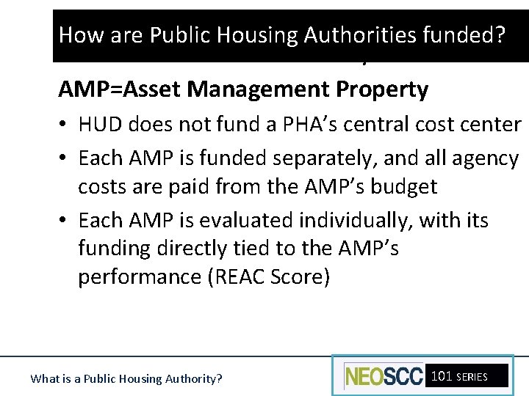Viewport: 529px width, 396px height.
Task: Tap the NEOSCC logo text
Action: [x=384, y=376]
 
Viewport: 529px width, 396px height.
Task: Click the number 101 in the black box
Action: [x=442, y=376]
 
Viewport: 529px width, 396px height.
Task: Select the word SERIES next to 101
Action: [x=472, y=377]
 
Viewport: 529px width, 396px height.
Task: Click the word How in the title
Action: [x=76, y=34]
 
